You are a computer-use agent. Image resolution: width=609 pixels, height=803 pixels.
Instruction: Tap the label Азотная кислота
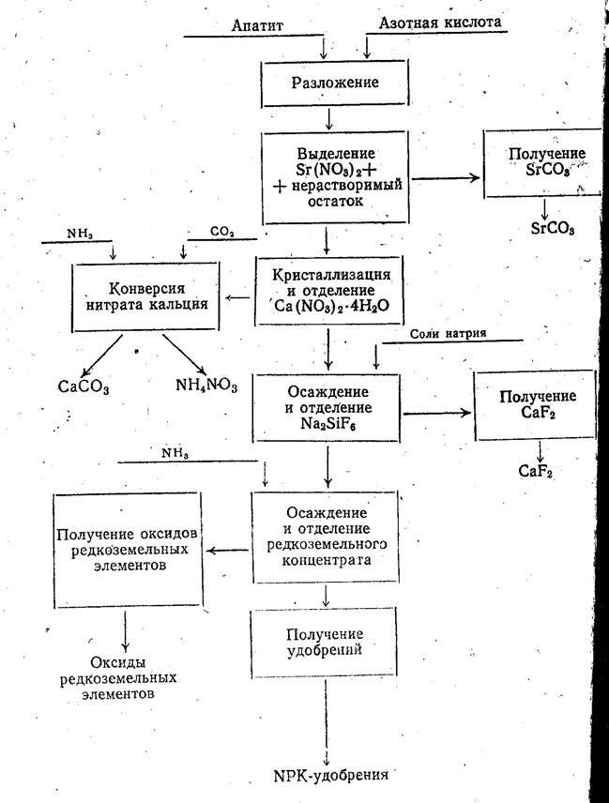point(439,21)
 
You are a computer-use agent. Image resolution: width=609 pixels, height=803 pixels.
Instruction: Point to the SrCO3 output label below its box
point(552,228)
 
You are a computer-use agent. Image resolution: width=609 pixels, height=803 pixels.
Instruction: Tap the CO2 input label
point(222,230)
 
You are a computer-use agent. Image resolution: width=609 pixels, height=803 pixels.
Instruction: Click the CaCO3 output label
point(83,386)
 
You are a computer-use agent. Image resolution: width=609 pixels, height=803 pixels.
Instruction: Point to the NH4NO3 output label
point(208,384)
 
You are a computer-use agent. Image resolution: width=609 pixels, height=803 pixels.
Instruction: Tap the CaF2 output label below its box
point(535,470)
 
